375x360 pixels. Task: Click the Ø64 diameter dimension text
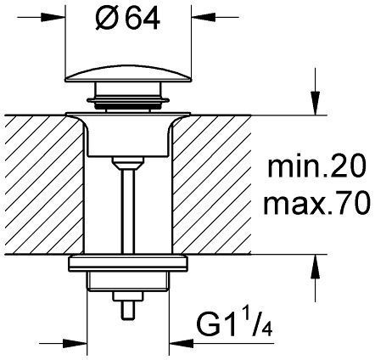(x=127, y=20)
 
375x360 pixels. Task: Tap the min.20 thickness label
(x=316, y=167)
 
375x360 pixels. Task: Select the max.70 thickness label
(x=316, y=203)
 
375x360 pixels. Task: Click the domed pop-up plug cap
(x=128, y=74)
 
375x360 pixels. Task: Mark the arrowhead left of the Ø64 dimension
(x=53, y=17)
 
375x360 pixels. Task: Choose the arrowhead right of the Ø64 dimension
(x=204, y=17)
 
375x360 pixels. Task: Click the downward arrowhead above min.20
(x=316, y=104)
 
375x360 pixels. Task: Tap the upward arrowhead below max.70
(x=316, y=267)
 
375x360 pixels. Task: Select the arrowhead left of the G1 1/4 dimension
(x=75, y=344)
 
